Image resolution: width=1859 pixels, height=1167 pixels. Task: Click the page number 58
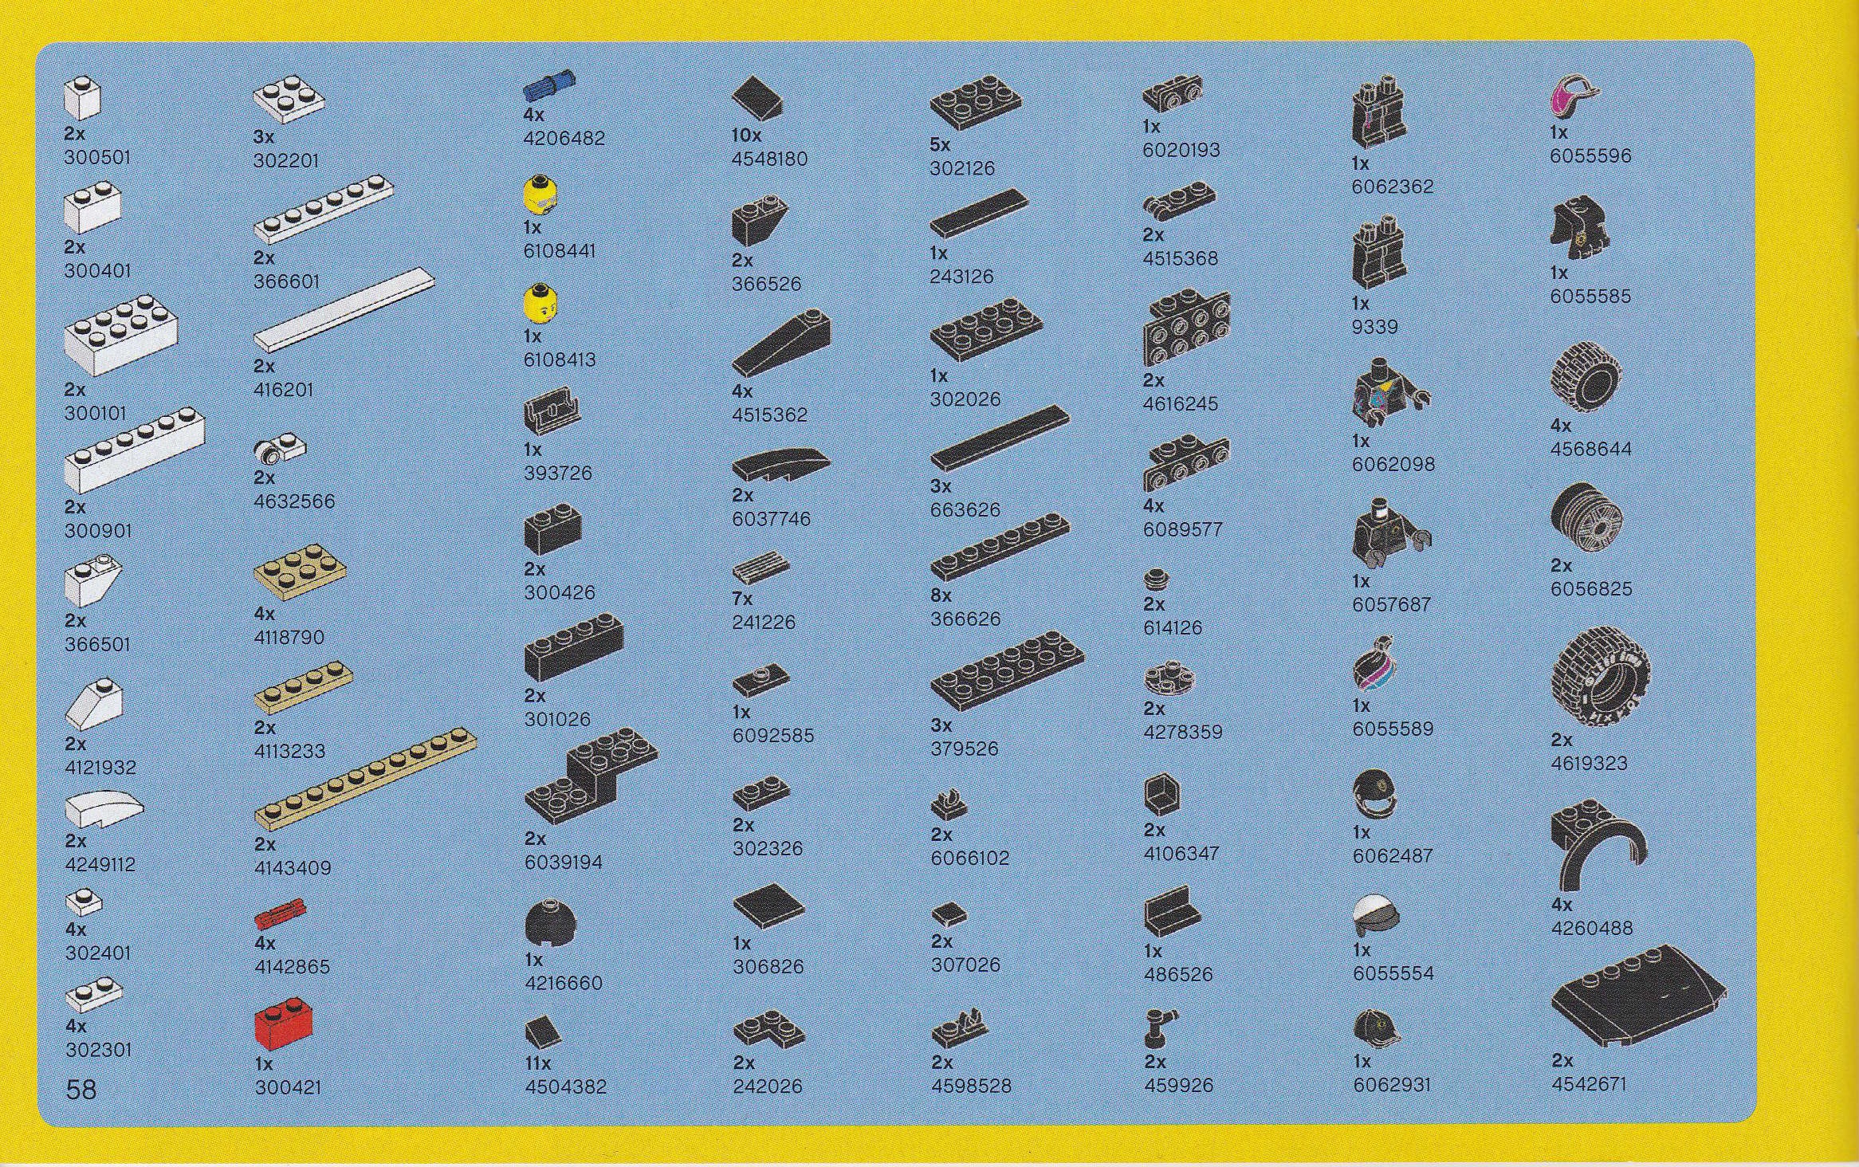(x=81, y=1089)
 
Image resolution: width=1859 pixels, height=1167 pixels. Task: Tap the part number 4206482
(x=564, y=138)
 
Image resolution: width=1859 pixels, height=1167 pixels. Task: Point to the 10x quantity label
(x=746, y=136)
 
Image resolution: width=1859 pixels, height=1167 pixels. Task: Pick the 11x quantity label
(x=537, y=1063)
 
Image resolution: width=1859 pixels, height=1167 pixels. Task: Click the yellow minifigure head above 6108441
(x=540, y=194)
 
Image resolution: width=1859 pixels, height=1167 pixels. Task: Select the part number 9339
(x=1374, y=326)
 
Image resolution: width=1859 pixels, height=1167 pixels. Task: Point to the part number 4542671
(x=1589, y=1083)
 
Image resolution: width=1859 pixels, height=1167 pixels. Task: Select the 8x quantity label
(x=941, y=595)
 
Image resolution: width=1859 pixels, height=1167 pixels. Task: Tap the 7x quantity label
(x=742, y=599)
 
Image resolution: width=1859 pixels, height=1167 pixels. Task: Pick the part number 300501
(x=97, y=157)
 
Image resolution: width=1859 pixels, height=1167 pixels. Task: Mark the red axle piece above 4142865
(x=281, y=914)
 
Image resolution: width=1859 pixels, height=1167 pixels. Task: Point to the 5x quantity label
(x=940, y=145)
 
